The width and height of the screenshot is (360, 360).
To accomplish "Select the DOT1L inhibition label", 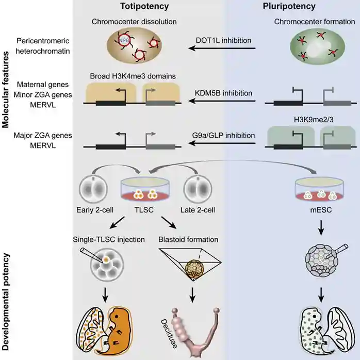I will tap(222, 40).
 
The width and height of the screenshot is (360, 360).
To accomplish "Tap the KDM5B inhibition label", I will tap(223, 93).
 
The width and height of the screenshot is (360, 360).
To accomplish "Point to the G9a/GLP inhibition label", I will tap(222, 136).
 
